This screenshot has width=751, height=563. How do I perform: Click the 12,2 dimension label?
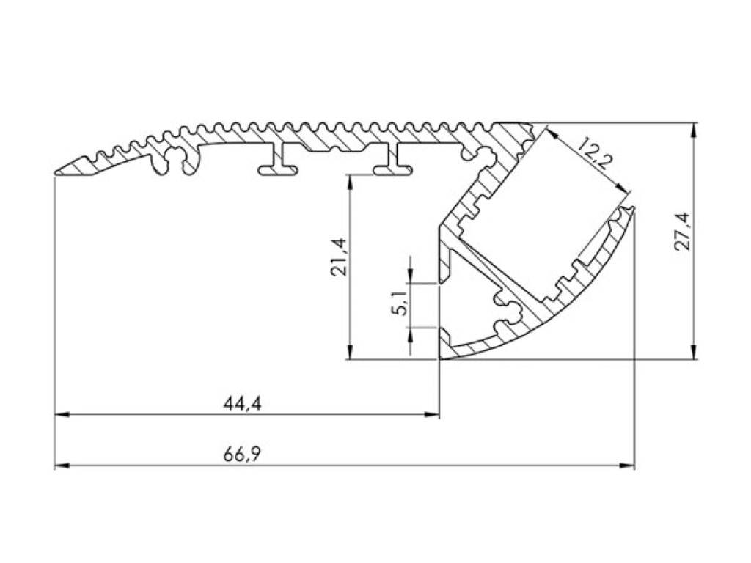tap(593, 154)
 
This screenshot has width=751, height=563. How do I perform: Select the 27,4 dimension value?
tap(683, 231)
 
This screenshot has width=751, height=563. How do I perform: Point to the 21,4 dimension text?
tap(338, 257)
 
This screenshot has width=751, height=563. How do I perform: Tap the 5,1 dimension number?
tap(399, 303)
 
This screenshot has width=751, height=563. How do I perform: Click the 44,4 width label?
tap(243, 402)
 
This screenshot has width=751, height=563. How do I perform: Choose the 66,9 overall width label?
tap(243, 455)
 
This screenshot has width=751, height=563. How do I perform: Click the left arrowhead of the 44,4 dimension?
tap(61, 415)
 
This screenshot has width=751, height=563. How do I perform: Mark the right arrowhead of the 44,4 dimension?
tap(433, 415)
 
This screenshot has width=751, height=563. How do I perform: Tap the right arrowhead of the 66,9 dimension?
tap(629, 466)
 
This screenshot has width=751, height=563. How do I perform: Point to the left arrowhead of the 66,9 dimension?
tap(61, 466)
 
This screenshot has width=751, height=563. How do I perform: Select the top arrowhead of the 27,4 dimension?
tap(694, 129)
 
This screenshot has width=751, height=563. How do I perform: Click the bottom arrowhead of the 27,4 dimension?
tap(694, 354)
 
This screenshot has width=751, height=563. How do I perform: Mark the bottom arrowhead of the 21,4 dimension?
tap(351, 354)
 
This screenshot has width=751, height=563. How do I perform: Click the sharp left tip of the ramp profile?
tap(56, 173)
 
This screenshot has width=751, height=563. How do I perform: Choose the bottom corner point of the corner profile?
tap(440, 359)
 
